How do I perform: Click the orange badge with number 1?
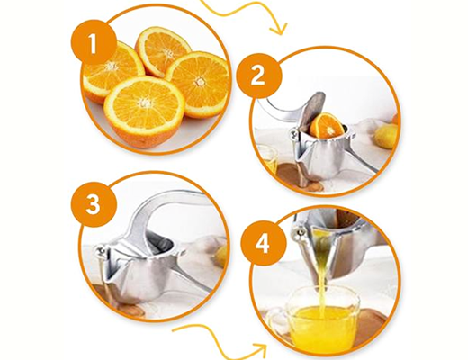[x=94, y=42]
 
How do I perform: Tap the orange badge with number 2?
[x=259, y=76]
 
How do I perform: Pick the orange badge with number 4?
[x=264, y=243]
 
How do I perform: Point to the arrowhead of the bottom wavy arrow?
[x=259, y=349]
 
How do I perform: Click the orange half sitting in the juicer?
[x=327, y=126]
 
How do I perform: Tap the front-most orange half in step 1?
[x=144, y=112]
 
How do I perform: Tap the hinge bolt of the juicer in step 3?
[x=100, y=251]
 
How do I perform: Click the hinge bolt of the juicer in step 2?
[x=293, y=133]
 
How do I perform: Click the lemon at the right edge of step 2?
[x=386, y=137]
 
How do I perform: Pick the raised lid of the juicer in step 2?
[x=312, y=111]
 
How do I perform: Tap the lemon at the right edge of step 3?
[x=220, y=256]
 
